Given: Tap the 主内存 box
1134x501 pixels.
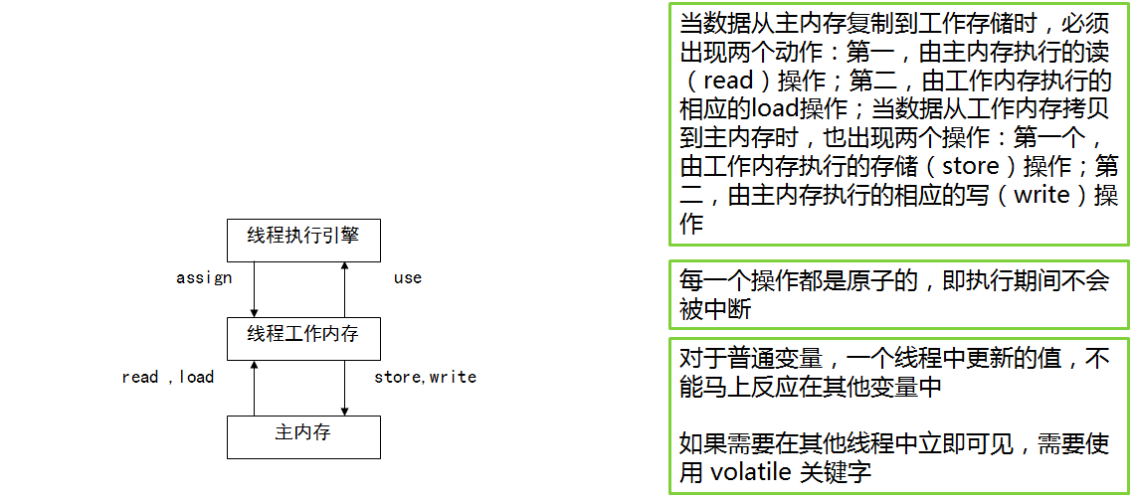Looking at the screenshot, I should tap(303, 435).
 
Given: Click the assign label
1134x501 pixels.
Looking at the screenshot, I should tap(204, 278).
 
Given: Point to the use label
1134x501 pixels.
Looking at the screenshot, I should tap(408, 278).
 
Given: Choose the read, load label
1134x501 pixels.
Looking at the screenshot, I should tap(167, 377).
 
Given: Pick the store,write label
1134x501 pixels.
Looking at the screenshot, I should tap(425, 377).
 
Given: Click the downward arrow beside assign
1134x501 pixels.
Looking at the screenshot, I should tap(255, 287).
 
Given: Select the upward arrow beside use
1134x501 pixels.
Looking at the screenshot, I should tap(344, 287).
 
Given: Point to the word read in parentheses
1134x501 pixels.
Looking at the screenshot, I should tap(727, 81).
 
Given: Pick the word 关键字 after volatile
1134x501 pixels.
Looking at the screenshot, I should tap(837, 472).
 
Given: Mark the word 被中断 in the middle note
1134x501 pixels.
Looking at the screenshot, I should tap(715, 309).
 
